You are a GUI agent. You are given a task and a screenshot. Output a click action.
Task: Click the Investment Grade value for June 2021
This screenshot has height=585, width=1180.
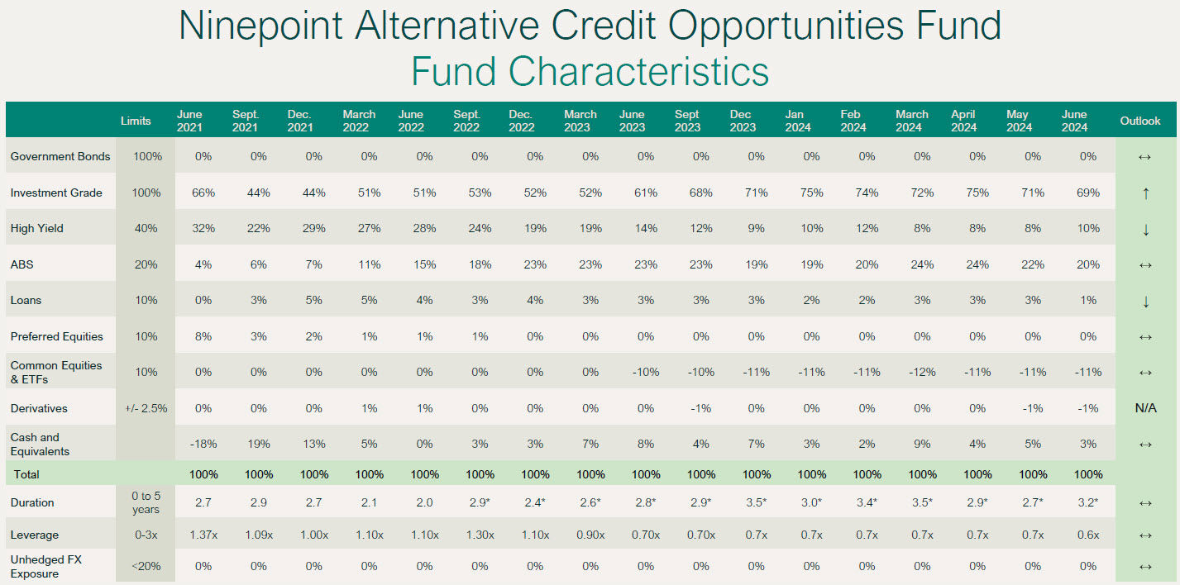(203, 193)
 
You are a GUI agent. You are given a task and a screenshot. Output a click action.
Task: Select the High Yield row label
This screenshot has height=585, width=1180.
(36, 228)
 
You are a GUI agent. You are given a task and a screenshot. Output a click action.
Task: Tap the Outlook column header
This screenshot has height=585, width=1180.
(1140, 121)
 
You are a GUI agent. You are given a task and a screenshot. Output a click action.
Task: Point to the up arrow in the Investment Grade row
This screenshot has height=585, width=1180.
(1145, 193)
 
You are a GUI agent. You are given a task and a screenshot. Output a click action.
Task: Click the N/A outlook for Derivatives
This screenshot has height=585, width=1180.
(1145, 408)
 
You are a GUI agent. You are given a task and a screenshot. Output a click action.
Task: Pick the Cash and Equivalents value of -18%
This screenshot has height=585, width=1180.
(203, 444)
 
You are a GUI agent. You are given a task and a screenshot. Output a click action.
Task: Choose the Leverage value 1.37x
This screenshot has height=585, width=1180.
(203, 535)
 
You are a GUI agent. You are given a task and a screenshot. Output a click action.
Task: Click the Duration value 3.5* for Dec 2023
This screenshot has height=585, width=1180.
(757, 502)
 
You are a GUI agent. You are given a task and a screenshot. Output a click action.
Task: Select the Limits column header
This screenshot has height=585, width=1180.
(136, 121)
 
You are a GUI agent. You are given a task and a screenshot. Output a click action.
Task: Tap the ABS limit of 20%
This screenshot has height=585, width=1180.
(146, 264)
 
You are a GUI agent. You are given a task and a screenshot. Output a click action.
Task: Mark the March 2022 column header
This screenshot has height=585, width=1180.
(359, 121)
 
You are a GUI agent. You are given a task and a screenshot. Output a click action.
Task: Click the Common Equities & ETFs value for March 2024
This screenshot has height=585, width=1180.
(922, 372)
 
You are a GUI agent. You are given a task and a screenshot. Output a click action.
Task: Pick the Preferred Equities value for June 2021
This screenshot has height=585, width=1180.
(203, 336)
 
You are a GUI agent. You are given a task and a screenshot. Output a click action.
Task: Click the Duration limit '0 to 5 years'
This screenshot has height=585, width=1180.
(146, 502)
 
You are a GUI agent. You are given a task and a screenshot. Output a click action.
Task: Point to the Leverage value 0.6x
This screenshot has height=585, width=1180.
(1088, 535)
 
